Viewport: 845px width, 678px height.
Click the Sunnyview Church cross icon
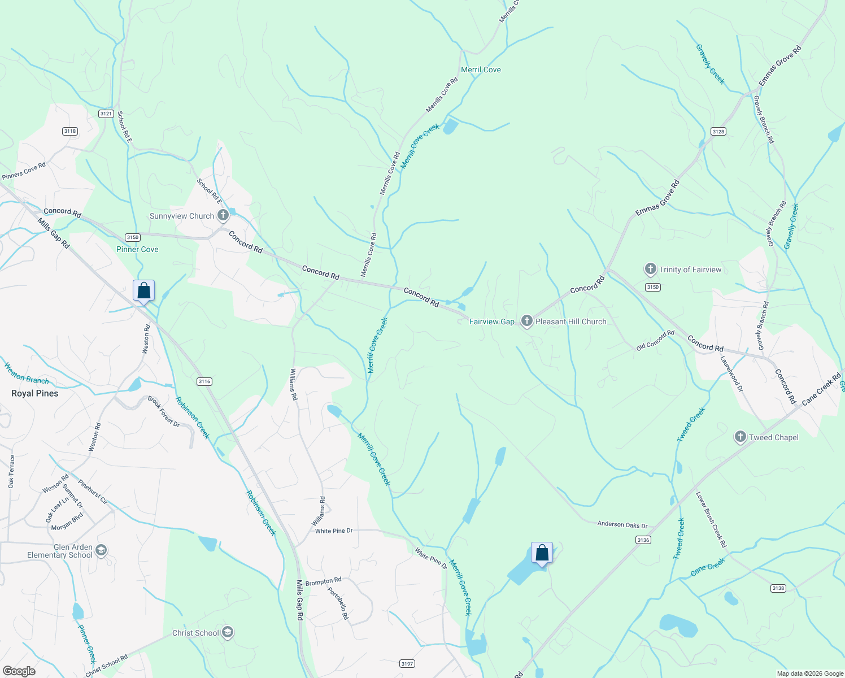223,215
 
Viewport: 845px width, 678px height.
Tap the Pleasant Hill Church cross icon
526,321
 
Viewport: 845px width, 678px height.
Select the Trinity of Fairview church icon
651,270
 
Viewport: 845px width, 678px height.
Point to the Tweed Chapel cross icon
740,437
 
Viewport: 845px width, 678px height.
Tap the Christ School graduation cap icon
228,632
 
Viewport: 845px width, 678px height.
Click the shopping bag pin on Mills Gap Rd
144,291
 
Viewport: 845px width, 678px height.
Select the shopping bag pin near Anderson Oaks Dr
542,553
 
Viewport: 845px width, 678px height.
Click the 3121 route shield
106,114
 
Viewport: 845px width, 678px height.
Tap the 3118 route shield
70,131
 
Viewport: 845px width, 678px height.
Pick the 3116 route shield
204,381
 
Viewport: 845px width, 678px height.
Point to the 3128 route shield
718,131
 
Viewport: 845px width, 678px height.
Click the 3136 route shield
643,540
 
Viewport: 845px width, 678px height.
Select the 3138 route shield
778,588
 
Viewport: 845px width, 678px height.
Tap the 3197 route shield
407,663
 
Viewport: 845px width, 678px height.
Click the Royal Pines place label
35,393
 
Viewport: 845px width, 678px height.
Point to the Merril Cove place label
481,69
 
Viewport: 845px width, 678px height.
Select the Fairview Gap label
492,321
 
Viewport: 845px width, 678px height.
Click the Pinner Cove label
137,249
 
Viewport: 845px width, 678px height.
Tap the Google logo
19,671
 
